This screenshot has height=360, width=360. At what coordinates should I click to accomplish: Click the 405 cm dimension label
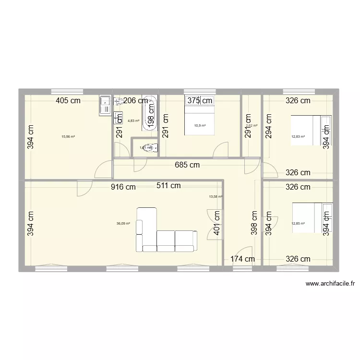pyautogui.click(x=68, y=101)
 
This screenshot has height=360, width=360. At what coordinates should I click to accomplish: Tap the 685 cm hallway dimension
pyautogui.click(x=187, y=165)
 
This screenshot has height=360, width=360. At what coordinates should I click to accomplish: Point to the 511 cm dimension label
pyautogui.click(x=168, y=186)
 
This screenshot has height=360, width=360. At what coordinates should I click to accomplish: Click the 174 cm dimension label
pyautogui.click(x=242, y=259)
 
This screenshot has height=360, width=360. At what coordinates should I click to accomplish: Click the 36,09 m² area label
pyautogui.click(x=123, y=223)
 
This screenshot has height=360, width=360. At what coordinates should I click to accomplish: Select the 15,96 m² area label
pyautogui.click(x=68, y=136)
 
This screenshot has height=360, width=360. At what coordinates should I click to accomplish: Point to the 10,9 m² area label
pyautogui.click(x=200, y=126)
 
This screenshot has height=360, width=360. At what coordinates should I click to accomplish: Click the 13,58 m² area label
pyautogui.click(x=216, y=196)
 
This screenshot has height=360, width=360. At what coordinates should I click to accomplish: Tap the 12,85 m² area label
pyautogui.click(x=298, y=223)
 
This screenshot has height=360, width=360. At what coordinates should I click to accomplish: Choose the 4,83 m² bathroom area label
pyautogui.click(x=133, y=121)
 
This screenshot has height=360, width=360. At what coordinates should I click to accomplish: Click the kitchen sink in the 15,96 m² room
pyautogui.click(x=105, y=106)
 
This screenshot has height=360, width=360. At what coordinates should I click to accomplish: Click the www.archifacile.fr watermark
pyautogui.click(x=330, y=284)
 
